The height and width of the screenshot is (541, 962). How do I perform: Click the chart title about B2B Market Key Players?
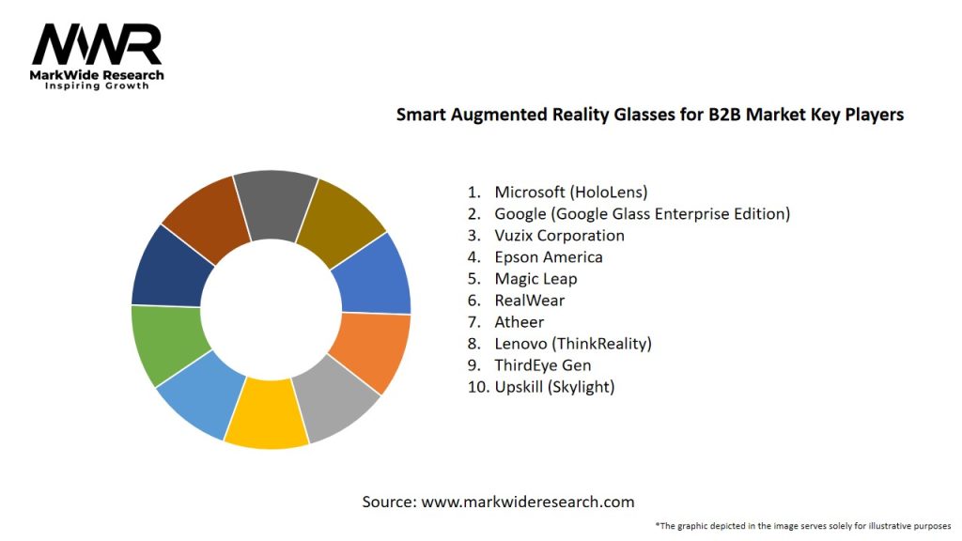[x=649, y=115]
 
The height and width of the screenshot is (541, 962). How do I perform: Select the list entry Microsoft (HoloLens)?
[x=571, y=192]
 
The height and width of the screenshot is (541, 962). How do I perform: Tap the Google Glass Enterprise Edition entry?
[x=642, y=213]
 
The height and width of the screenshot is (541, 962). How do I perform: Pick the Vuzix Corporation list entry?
[x=559, y=235]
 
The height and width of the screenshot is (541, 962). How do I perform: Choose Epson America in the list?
[x=549, y=256]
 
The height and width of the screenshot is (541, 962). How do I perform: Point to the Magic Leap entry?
[x=535, y=278]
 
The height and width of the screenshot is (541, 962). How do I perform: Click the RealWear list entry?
[x=530, y=300]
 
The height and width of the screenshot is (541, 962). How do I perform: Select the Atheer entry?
[x=520, y=321]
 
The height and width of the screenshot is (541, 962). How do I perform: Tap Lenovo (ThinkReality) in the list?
[x=573, y=343]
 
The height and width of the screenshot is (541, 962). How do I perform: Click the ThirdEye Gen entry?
[x=543, y=364]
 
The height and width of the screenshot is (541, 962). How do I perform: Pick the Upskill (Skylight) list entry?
[x=554, y=386]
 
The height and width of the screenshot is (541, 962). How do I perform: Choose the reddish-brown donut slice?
[x=201, y=215]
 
